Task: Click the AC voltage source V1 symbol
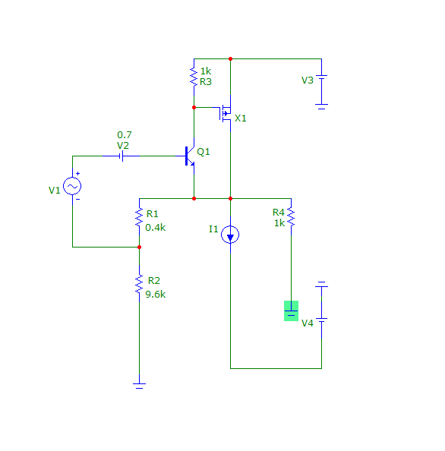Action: (72, 186)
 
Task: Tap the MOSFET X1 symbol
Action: (225, 113)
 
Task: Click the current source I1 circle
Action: (230, 235)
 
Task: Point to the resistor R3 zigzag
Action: (194, 77)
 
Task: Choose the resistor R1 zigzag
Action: (139, 217)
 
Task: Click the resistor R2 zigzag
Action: (139, 284)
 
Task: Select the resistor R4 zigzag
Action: (291, 217)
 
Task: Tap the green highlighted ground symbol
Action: (291, 311)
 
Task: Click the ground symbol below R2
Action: (139, 386)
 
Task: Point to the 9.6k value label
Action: (156, 295)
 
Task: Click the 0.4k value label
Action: (156, 228)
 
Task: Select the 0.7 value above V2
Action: (125, 135)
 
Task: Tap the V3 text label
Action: (308, 80)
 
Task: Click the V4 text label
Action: (308, 323)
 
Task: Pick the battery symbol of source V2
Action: (121, 156)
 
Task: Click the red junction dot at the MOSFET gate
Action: (194, 107)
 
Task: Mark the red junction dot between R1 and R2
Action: (139, 247)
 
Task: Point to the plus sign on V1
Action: (77, 173)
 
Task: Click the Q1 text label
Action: (204, 152)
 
